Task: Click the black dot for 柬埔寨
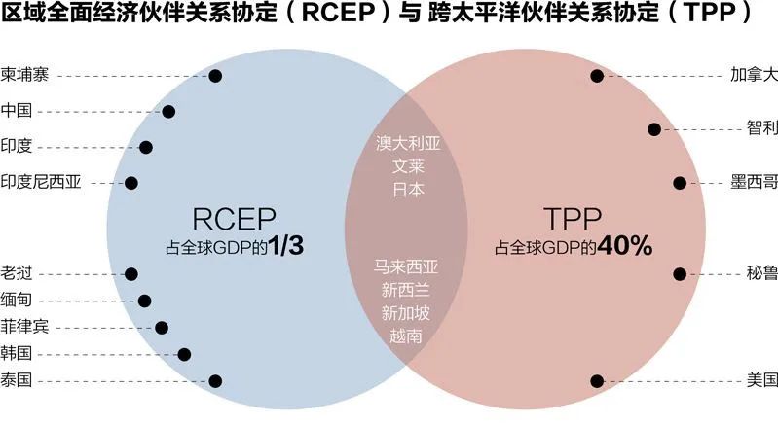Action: (x=215, y=76)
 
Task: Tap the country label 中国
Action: (x=17, y=110)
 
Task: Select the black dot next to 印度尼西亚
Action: (x=131, y=183)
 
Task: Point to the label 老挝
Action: (x=17, y=273)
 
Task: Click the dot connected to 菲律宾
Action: (x=162, y=328)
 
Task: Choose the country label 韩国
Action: (x=17, y=354)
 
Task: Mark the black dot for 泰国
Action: (x=215, y=381)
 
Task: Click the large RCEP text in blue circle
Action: (x=234, y=219)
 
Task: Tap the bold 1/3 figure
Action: (x=286, y=246)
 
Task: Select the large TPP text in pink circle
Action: (x=573, y=219)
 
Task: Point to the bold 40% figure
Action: (x=625, y=246)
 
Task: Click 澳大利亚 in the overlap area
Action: (x=408, y=143)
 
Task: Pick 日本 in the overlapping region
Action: (x=408, y=190)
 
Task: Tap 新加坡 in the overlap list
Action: (x=405, y=313)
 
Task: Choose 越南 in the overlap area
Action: (x=405, y=336)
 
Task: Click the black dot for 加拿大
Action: (x=597, y=76)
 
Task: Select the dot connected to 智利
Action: (x=654, y=129)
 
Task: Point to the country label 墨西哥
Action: (x=754, y=182)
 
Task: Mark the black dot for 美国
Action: (x=597, y=381)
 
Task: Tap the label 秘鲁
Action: (x=762, y=273)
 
